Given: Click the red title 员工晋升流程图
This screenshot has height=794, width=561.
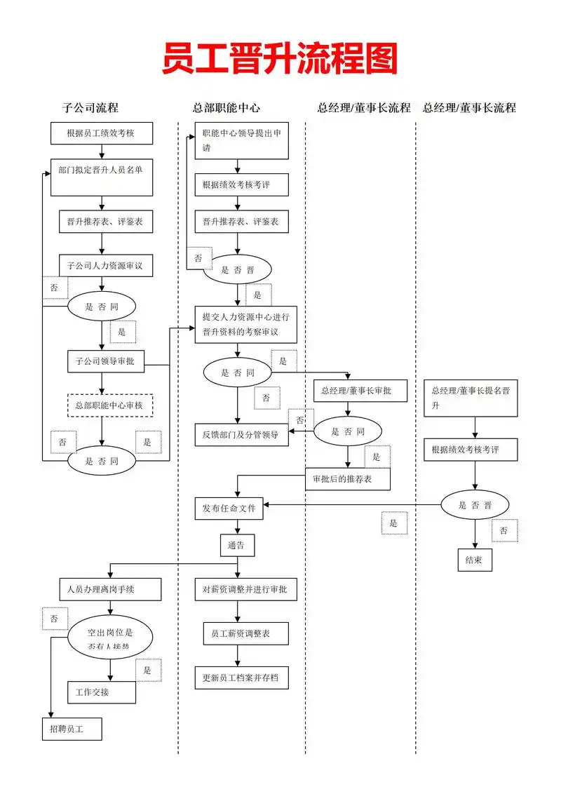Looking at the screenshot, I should (x=280, y=58).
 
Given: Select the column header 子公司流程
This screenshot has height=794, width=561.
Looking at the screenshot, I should (x=90, y=108).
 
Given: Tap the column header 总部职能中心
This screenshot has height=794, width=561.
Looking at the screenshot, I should (x=227, y=108).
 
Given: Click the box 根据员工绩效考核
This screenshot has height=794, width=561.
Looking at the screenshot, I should (x=102, y=133).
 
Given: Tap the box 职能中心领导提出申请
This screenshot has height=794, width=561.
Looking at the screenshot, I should (x=241, y=140).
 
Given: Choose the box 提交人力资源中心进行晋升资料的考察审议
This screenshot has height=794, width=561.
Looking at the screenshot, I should (x=245, y=324).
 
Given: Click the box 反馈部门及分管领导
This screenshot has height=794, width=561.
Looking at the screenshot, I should (x=241, y=435).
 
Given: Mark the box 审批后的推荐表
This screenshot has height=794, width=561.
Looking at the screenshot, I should (x=348, y=478).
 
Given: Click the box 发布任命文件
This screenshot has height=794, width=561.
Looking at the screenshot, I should (x=229, y=508).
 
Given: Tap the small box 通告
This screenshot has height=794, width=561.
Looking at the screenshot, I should (x=237, y=545).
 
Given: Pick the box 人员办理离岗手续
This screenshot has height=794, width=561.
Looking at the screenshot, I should (x=110, y=589).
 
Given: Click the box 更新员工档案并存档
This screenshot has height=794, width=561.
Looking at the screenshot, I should (x=241, y=678).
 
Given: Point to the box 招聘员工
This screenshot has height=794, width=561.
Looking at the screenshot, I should (x=72, y=729).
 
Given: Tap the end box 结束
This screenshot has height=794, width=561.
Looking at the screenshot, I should (x=474, y=560).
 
